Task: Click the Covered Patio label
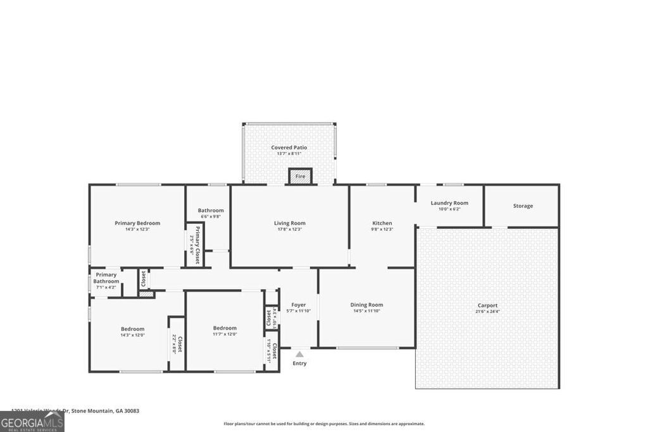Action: pyautogui.click(x=289, y=147)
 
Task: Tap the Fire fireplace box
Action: pyautogui.click(x=301, y=176)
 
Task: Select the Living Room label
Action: pyautogui.click(x=289, y=223)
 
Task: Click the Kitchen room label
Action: pyautogui.click(x=382, y=223)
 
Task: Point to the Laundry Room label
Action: pyautogui.click(x=449, y=203)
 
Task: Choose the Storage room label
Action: pyautogui.click(x=523, y=206)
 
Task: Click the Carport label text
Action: pyautogui.click(x=487, y=305)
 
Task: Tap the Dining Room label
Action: pyautogui.click(x=367, y=305)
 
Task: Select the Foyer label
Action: pyautogui.click(x=299, y=305)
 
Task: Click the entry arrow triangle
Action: pyautogui.click(x=299, y=355)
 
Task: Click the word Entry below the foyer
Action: pyautogui.click(x=299, y=364)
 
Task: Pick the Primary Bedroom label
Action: pyautogui.click(x=137, y=223)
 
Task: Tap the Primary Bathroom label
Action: pyautogui.click(x=106, y=278)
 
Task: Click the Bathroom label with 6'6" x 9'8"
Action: pyautogui.click(x=211, y=211)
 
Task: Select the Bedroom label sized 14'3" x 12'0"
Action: pyautogui.click(x=133, y=329)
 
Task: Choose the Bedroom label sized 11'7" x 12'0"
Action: pyautogui.click(x=225, y=328)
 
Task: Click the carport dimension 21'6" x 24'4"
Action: pyautogui.click(x=487, y=312)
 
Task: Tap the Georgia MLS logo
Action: pyautogui.click(x=32, y=422)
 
